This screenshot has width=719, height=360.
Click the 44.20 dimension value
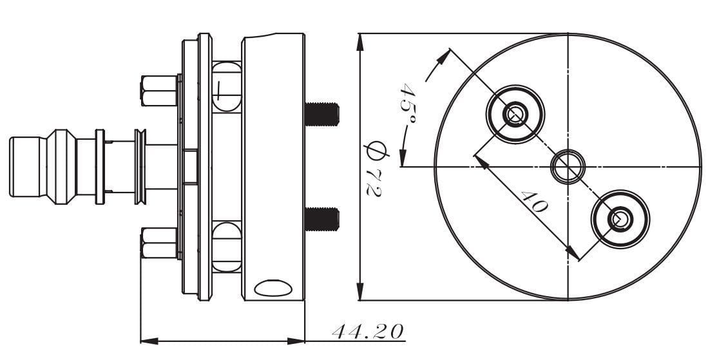[x=368, y=332]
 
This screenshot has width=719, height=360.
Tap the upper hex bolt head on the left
[x=158, y=90]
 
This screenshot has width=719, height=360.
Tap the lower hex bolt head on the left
[x=158, y=243]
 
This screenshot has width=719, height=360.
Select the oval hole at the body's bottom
[x=272, y=287]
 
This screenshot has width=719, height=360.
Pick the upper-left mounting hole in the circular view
[x=515, y=114]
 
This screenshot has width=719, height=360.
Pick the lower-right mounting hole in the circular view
[x=620, y=219]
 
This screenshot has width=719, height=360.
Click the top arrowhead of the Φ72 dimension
[x=359, y=41]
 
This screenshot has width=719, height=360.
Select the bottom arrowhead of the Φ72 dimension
[x=359, y=293]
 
